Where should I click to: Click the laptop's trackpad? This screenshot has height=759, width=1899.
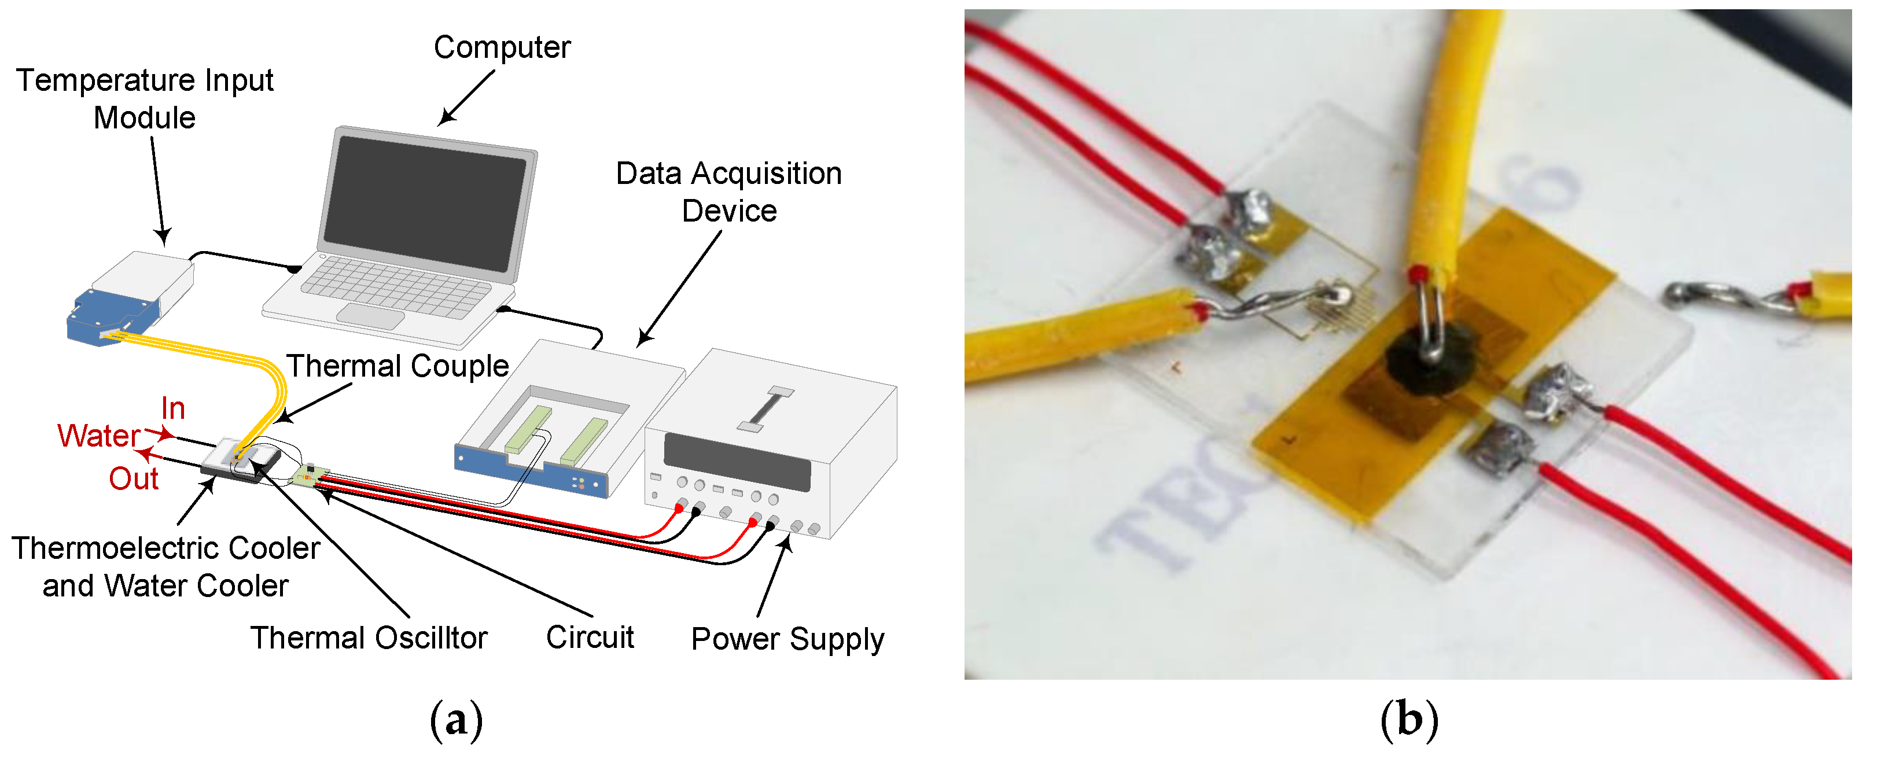click(370, 316)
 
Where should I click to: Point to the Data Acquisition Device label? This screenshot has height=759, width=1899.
click(728, 192)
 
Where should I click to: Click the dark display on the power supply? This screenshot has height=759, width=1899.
click(737, 461)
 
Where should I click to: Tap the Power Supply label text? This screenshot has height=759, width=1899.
click(787, 638)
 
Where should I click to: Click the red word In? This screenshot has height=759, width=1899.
click(172, 409)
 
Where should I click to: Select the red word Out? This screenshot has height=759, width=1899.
click(134, 479)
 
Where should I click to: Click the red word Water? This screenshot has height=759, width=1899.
click(98, 436)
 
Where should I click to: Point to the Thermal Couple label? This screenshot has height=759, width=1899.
click(398, 366)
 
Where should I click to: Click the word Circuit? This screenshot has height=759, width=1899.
click(590, 638)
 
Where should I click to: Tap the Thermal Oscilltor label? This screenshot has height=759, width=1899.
click(369, 638)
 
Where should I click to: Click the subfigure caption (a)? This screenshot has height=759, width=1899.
click(457, 720)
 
